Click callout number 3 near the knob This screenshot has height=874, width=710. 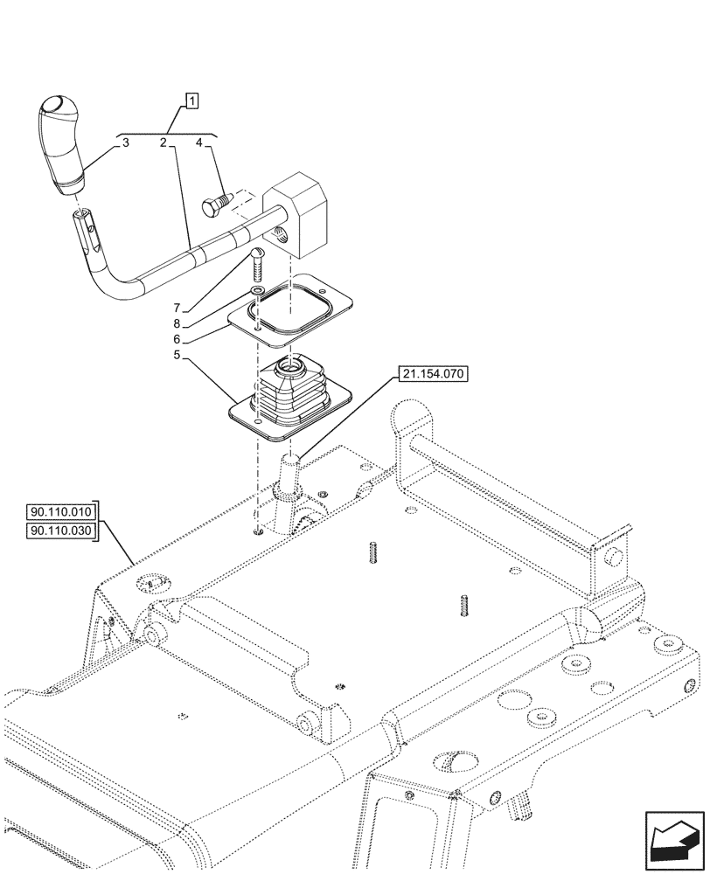[x=126, y=142]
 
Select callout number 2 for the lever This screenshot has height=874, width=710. [x=164, y=142]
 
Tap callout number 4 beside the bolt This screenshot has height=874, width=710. [x=199, y=142]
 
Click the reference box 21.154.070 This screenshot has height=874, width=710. [x=434, y=374]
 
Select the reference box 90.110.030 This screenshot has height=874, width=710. [x=64, y=530]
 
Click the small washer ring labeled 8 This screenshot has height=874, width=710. [x=256, y=290]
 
